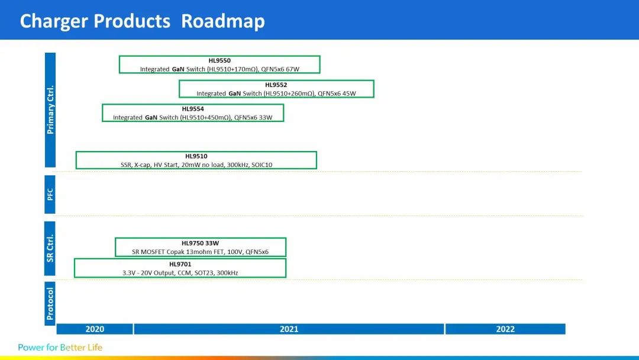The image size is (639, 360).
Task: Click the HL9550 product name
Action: (x=220, y=61)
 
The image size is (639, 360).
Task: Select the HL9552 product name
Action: (x=276, y=85)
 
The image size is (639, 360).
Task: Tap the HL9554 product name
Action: (x=193, y=109)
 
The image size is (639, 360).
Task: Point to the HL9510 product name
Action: (x=196, y=156)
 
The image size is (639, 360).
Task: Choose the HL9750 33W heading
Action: (x=200, y=243)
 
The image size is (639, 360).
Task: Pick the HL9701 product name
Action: (x=180, y=264)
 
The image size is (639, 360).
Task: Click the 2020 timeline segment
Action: (x=95, y=329)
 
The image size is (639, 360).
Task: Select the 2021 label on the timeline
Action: (x=289, y=329)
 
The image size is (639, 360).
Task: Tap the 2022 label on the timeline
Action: (x=505, y=329)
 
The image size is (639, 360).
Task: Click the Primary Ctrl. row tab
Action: (x=50, y=110)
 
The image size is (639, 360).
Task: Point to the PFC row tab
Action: (x=50, y=194)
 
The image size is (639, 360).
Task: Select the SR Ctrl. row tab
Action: (x=50, y=249)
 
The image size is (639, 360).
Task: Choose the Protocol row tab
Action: (x=50, y=304)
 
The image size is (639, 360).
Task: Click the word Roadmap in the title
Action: (x=223, y=21)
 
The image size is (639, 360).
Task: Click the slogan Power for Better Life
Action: (x=60, y=348)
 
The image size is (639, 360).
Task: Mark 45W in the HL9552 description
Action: (x=349, y=94)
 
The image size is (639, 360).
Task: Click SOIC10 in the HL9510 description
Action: (x=262, y=165)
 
